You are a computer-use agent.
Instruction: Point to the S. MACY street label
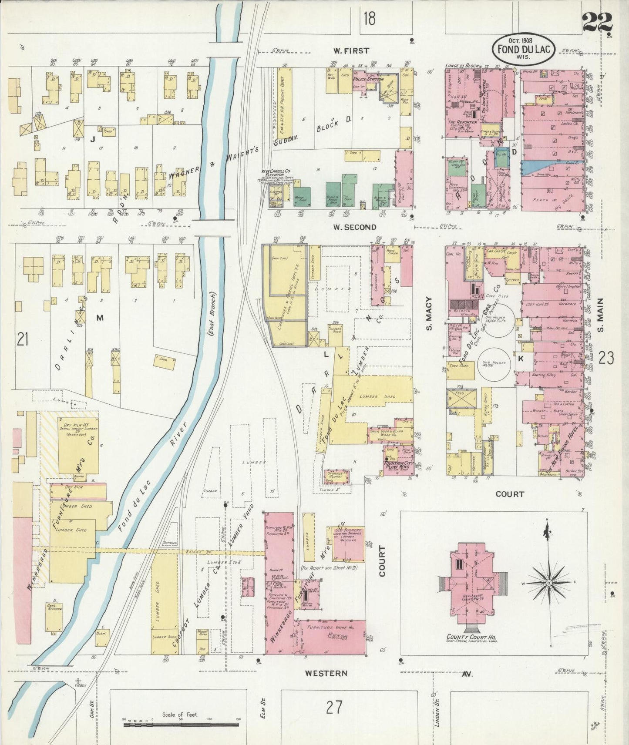(429, 314)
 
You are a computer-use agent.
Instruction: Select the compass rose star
(549, 582)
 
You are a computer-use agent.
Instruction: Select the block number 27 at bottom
(333, 708)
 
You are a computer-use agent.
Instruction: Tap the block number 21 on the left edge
(23, 339)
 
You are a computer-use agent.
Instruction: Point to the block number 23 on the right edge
(606, 358)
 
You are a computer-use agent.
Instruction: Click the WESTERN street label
(326, 673)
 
